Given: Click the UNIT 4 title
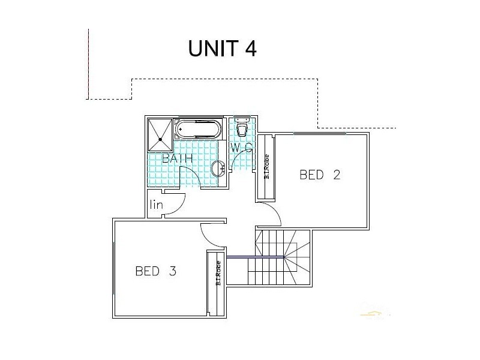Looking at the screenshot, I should pyautogui.click(x=223, y=48).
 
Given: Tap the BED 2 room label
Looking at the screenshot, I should pyautogui.click(x=320, y=175).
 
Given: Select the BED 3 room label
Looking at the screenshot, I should pyautogui.click(x=155, y=271).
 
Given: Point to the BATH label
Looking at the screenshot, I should pyautogui.click(x=177, y=159).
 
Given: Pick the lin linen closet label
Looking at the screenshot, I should pyautogui.click(x=157, y=205).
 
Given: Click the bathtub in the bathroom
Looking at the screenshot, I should pyautogui.click(x=197, y=129).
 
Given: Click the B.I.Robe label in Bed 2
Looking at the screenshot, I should pyautogui.click(x=266, y=167).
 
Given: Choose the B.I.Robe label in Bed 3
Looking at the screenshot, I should pyautogui.click(x=218, y=274).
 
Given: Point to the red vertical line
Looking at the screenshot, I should pyautogui.click(x=89, y=63).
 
